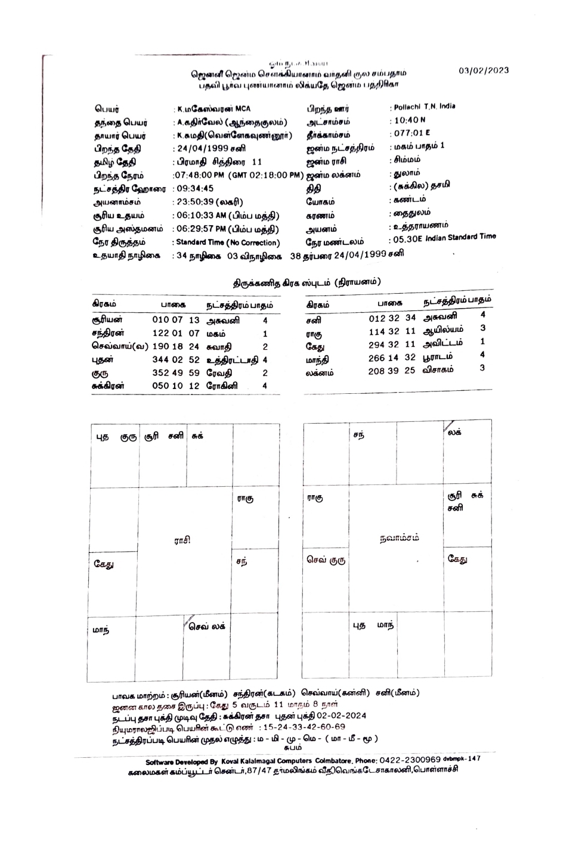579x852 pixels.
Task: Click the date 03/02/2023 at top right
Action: pos(484,70)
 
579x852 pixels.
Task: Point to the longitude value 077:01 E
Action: pos(411,133)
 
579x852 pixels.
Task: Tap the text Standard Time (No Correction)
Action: pos(228,243)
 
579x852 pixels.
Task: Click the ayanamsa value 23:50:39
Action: pos(195,203)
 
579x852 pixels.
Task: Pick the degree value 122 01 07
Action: pos(176,334)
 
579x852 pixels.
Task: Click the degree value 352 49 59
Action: pos(176,373)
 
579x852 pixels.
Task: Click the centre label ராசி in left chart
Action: pos(182,540)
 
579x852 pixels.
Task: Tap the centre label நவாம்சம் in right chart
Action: pos(400,537)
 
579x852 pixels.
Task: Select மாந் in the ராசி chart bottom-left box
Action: pos(101,629)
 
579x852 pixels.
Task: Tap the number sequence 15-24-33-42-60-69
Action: pos(303,727)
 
